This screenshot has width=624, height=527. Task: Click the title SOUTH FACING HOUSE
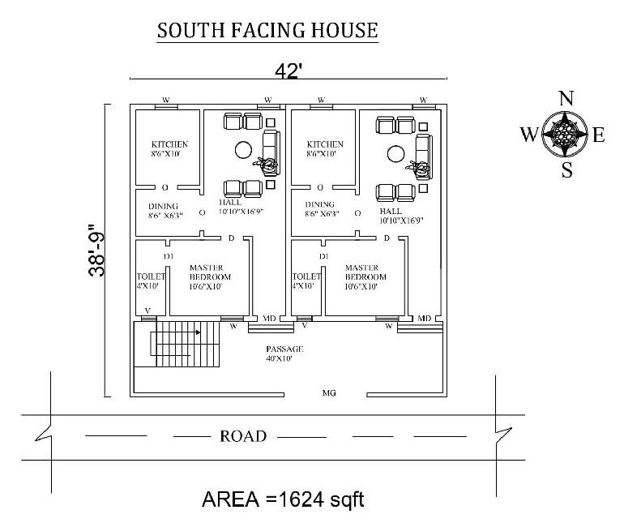[267, 31]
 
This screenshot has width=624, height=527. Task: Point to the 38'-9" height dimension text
[96, 251]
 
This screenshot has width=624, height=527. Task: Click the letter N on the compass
[566, 99]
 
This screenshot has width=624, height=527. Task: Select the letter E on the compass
[599, 135]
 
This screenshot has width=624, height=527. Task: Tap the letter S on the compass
[566, 170]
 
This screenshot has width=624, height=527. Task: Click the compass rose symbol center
[565, 135]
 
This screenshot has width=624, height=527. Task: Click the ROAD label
[243, 436]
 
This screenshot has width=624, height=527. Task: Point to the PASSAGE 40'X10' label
[284, 353]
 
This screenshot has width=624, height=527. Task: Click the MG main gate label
[329, 393]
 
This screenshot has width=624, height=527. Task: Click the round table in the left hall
[242, 148]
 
